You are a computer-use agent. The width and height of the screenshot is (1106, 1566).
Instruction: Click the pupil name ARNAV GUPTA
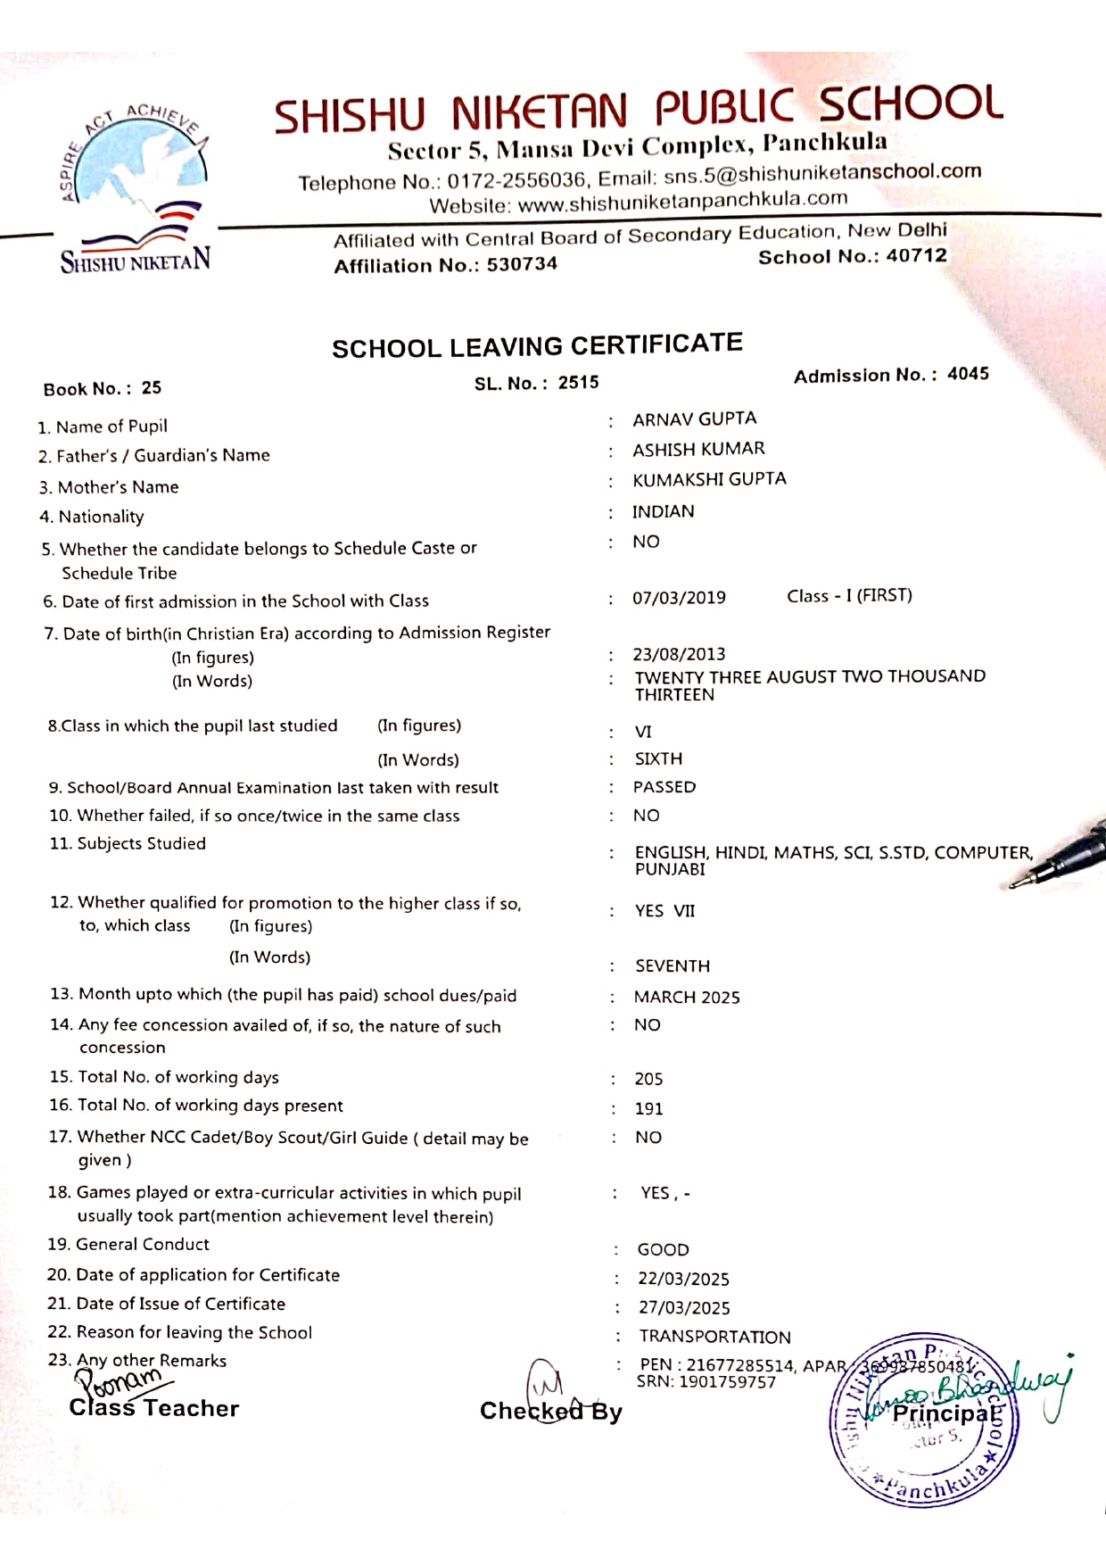coord(694,419)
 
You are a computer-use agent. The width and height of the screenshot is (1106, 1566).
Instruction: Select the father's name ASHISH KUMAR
coord(698,450)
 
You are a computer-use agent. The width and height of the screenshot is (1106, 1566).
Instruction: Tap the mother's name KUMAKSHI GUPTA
coord(709,480)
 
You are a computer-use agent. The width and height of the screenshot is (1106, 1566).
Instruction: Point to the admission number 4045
coord(968,374)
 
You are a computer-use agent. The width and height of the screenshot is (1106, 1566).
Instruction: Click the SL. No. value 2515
coord(578,383)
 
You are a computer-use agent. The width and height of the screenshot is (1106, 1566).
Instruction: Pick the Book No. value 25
coord(152,388)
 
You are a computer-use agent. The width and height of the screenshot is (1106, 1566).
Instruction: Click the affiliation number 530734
coord(522,265)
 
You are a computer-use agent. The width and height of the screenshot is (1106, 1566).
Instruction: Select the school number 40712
coord(916,256)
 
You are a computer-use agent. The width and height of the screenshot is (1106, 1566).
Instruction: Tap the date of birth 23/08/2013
coord(679,654)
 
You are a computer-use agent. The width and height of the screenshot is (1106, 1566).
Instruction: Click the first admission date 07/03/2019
coord(679,598)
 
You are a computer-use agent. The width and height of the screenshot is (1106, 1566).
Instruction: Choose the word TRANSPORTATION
coord(714,1337)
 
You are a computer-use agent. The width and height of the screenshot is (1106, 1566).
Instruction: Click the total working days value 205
coord(648,1080)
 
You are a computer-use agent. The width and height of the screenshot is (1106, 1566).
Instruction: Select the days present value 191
coord(648,1109)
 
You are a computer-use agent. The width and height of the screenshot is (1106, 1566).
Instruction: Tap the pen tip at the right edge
coord(1015,884)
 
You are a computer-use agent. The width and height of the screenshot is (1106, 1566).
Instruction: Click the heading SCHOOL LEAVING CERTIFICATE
coord(537,345)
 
